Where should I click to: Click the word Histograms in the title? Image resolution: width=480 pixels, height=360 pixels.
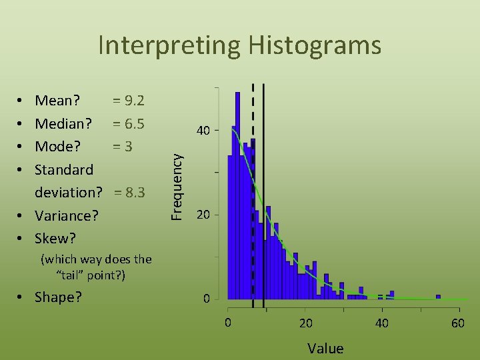click(x=315, y=45)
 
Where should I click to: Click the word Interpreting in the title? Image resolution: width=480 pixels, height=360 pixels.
click(x=170, y=45)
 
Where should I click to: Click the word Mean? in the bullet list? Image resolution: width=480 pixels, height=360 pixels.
click(x=57, y=101)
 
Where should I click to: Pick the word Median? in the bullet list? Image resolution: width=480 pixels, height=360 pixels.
click(x=63, y=123)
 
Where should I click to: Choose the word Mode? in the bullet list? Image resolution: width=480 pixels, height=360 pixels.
click(x=57, y=146)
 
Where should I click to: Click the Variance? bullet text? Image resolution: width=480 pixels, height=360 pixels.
click(x=67, y=215)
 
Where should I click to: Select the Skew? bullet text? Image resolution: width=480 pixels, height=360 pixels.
click(x=55, y=238)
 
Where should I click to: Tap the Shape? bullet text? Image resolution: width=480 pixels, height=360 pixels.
click(x=58, y=297)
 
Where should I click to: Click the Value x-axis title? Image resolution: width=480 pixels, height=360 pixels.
click(x=325, y=348)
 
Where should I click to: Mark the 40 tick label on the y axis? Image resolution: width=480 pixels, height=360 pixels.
click(x=204, y=131)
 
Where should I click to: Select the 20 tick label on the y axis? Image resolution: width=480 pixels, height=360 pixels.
click(x=204, y=215)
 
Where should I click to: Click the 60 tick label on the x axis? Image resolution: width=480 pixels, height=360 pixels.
click(x=458, y=323)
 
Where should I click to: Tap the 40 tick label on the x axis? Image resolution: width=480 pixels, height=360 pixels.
click(x=382, y=323)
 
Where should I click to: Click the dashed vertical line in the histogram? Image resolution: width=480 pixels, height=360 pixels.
click(x=253, y=200)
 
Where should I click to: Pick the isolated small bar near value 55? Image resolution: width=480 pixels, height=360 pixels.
click(x=438, y=297)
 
